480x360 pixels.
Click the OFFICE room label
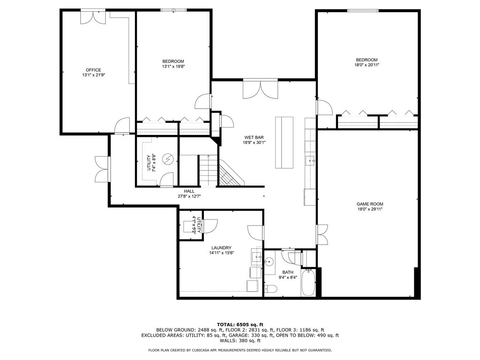pyautogui.click(x=93, y=70)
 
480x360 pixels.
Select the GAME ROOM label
pyautogui.click(x=370, y=204)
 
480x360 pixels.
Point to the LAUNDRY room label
pyautogui.click(x=221, y=247)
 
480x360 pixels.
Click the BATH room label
pyautogui.click(x=287, y=272)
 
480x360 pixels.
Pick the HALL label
pyautogui.click(x=189, y=191)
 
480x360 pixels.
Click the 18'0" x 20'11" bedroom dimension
pyautogui.click(x=367, y=65)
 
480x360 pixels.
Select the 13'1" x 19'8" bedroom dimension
pyautogui.click(x=173, y=67)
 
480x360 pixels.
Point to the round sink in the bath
pyautogui.click(x=269, y=262)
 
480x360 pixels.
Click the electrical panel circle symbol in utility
pyautogui.click(x=167, y=160)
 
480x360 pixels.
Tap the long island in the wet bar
pyautogui.click(x=284, y=142)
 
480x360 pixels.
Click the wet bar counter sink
pyautogui.click(x=311, y=161)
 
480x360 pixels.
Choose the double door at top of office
pyautogui.click(x=93, y=16)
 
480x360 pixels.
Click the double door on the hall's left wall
pyautogui.click(x=102, y=169)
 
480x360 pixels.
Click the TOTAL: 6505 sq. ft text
pyautogui.click(x=240, y=324)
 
